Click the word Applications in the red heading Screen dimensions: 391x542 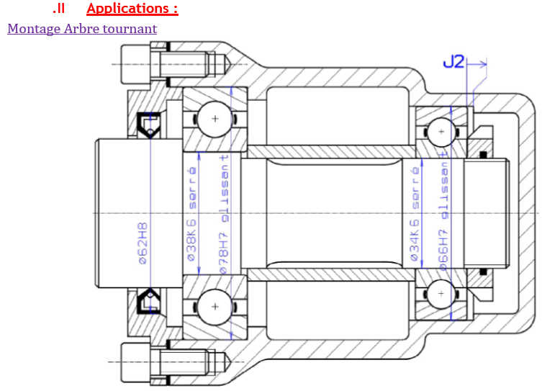pos(127,9)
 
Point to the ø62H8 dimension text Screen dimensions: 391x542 pos(143,242)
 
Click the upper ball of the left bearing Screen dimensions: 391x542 pos(214,117)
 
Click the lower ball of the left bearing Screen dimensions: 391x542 pos(214,306)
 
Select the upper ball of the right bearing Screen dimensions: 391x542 pos(439,132)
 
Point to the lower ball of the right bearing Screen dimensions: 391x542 pos(439,293)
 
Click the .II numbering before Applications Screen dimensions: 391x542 pos(59,9)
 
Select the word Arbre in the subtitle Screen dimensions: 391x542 pos(79,29)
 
